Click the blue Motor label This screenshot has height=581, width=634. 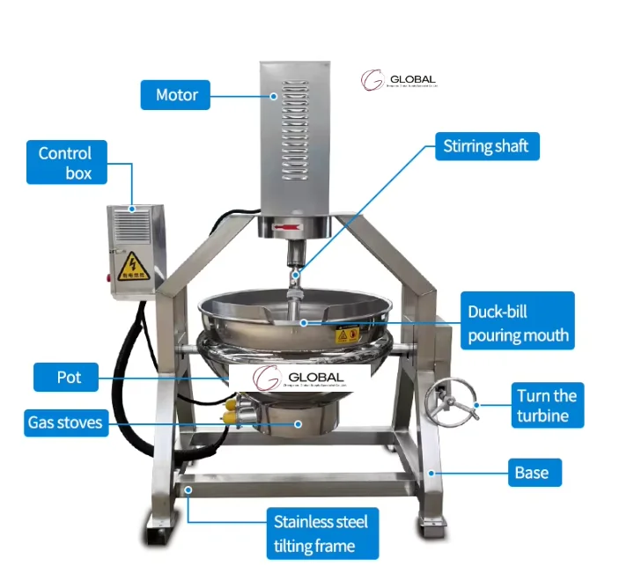coord(175,95)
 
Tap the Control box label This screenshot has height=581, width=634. coord(66,163)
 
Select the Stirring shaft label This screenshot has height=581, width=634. coord(487,146)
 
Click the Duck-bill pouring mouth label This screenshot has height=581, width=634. coord(519,323)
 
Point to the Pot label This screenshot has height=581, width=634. coord(70,377)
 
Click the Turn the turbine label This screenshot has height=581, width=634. coord(546,405)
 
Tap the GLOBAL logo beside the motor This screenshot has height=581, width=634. coord(398,81)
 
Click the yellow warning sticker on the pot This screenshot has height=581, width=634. coord(347,335)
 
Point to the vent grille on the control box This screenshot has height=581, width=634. coord(131,229)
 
